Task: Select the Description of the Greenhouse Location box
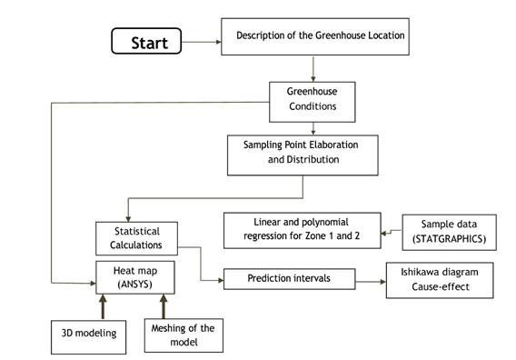313,37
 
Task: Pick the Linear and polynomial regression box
301,228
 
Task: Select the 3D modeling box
84,336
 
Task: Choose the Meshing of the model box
184,335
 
